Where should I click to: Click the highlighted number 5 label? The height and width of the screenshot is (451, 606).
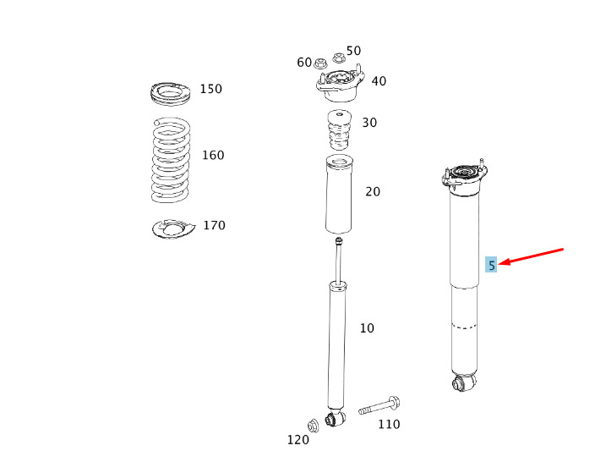[491, 265]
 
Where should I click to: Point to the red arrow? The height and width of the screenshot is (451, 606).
[531, 257]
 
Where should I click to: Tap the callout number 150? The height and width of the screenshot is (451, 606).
[211, 89]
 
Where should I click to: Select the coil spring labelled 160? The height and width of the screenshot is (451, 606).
[171, 160]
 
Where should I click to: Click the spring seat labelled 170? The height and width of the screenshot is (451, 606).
[173, 229]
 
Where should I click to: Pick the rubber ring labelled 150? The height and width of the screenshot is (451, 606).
[171, 94]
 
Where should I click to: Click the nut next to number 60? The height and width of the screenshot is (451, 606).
[320, 63]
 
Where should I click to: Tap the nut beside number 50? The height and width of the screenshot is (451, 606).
[339, 58]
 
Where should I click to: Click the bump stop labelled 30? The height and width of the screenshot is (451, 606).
[340, 131]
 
